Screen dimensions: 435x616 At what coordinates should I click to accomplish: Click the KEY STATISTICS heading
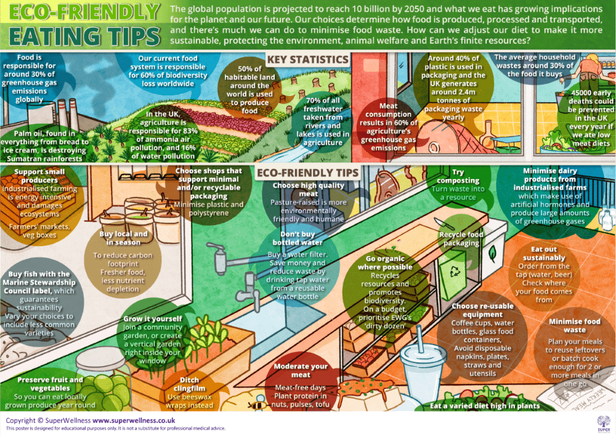(x=307, y=60)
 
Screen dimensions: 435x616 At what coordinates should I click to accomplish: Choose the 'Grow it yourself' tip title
(x=153, y=319)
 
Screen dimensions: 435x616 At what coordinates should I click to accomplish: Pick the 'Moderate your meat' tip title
(x=301, y=370)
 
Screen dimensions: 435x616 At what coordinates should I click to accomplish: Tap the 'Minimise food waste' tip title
(x=575, y=325)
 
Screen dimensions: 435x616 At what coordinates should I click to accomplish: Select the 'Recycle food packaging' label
(x=461, y=239)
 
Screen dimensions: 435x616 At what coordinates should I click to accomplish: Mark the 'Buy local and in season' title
(x=124, y=238)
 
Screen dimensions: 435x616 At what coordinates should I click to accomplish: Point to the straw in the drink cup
(x=420, y=337)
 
